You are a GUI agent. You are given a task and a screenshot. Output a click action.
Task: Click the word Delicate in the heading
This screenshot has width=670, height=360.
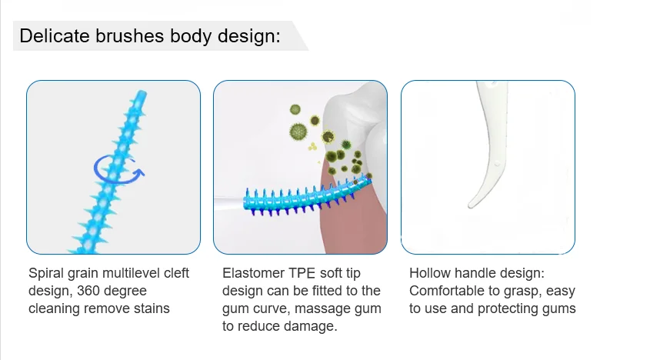(49, 36)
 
